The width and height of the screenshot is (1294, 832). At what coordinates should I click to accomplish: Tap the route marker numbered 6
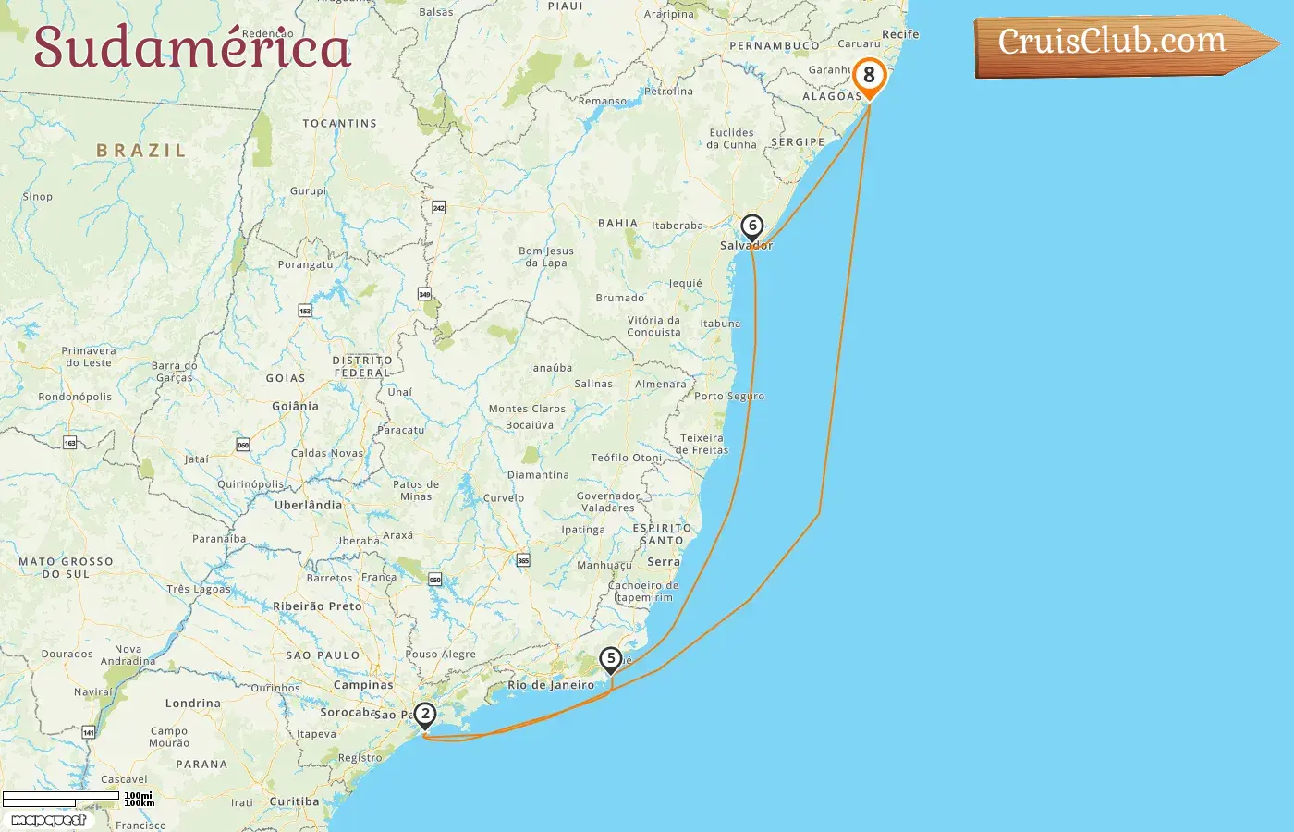tap(752, 226)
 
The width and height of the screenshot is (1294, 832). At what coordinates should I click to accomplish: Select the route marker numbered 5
tap(610, 659)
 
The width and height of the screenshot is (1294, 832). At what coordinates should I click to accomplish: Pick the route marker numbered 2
tap(425, 714)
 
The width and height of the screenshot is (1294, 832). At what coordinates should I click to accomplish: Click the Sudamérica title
tap(192, 47)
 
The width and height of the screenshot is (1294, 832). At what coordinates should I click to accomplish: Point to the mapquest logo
tap(49, 820)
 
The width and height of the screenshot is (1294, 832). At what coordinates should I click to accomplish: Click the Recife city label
tap(900, 34)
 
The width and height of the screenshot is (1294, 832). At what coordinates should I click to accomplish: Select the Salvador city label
tap(746, 246)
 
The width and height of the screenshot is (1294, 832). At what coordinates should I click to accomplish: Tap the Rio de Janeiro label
tap(551, 685)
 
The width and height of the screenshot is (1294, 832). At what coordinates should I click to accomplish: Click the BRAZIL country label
tap(141, 151)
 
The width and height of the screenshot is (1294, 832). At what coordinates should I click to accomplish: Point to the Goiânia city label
tap(295, 406)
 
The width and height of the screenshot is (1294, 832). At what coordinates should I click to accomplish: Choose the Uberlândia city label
tap(308, 505)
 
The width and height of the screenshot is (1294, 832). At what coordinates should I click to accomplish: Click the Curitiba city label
tap(294, 801)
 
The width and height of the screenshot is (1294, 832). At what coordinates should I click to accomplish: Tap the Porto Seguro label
tap(729, 396)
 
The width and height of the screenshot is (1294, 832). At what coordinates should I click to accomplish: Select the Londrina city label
tap(192, 704)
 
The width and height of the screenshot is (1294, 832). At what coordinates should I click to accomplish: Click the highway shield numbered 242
tap(439, 208)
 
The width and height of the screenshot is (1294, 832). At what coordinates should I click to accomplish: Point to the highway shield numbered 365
tap(523, 560)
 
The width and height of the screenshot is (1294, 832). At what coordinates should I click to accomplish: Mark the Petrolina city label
tap(668, 92)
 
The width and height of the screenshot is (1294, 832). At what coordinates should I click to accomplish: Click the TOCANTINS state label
tap(339, 123)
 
